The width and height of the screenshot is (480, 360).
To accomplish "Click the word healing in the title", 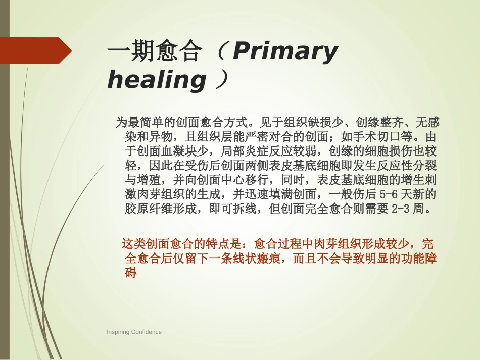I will coord(157,80).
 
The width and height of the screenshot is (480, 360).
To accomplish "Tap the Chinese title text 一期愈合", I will coord(154,52).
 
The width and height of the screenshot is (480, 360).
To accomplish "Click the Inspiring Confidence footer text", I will coord(134,332).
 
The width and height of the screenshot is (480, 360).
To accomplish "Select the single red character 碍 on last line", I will coord(131,273).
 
